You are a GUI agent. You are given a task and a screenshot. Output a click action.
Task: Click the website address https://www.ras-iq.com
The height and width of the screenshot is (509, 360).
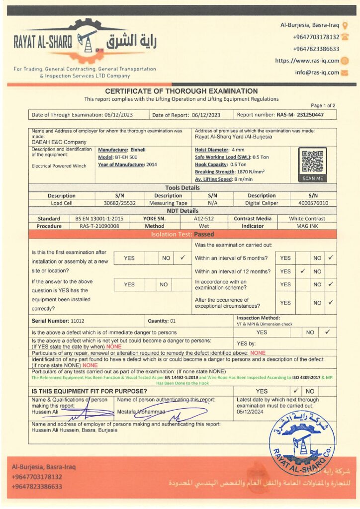(307, 61)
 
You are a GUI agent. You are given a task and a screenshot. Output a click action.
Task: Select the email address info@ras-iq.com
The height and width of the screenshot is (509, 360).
(317, 73)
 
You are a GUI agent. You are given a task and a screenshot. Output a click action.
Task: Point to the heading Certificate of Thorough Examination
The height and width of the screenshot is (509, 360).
(181, 91)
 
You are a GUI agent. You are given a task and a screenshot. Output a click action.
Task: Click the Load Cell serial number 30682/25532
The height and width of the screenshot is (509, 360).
(120, 203)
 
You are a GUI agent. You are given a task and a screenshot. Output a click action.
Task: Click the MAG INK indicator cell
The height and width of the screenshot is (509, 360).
(307, 226)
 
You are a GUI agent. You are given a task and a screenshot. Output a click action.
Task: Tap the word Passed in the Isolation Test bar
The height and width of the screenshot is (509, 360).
(204, 234)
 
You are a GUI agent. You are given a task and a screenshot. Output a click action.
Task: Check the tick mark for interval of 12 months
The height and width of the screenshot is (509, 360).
(302, 271)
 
